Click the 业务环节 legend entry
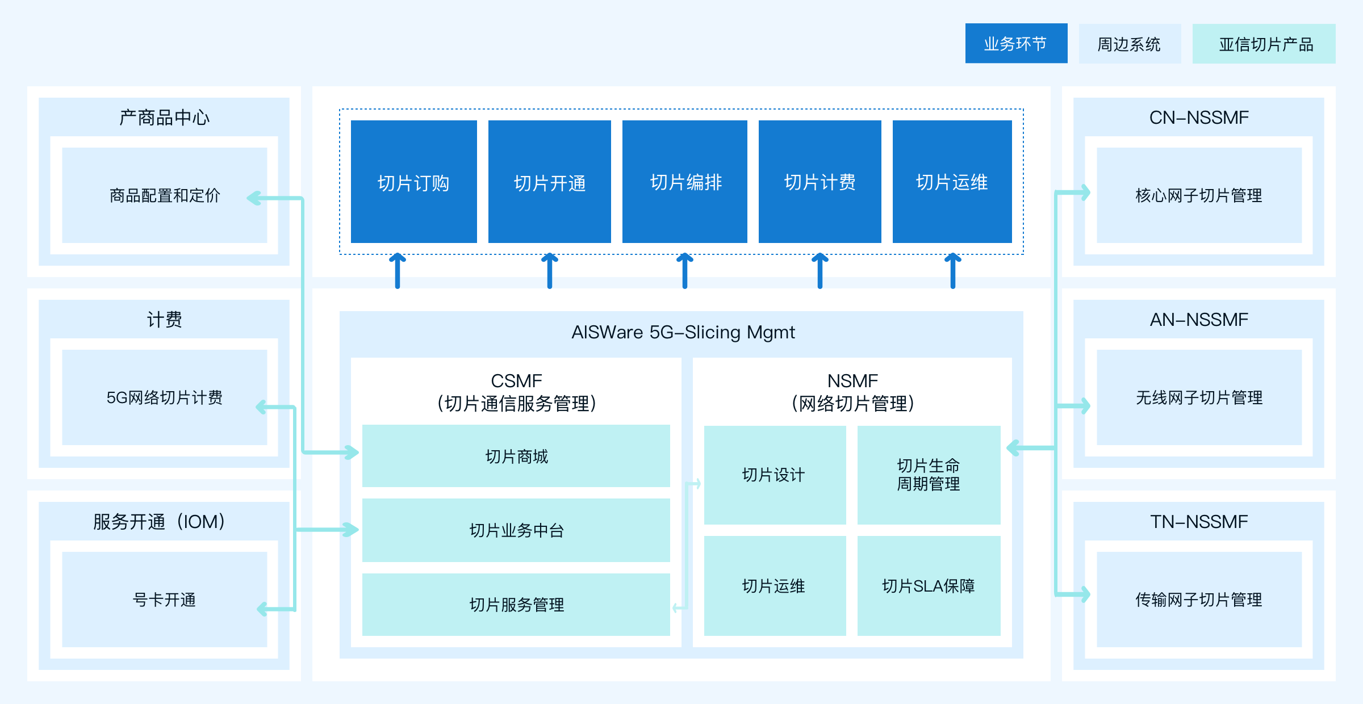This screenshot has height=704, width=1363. (1016, 43)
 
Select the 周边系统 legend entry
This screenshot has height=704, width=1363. (1130, 44)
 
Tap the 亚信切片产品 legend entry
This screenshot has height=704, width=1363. (1264, 44)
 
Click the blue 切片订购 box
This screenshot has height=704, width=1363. (413, 182)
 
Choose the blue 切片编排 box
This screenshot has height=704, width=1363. (685, 182)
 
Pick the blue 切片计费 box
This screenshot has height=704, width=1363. (820, 182)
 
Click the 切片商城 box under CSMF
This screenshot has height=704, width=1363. (516, 456)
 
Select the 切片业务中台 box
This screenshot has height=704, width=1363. (516, 530)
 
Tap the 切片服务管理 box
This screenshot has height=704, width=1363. (516, 605)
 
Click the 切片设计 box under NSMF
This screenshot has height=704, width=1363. (775, 475)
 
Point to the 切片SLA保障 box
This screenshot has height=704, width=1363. (929, 586)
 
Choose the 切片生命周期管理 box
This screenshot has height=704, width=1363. (929, 475)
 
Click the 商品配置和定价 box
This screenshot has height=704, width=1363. (165, 195)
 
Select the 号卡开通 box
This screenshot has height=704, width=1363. (165, 600)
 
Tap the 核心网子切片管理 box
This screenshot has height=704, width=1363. (1199, 195)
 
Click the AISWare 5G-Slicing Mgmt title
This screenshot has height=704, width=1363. (683, 332)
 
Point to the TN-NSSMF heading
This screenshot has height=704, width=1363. (1199, 521)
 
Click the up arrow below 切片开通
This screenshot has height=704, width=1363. (550, 271)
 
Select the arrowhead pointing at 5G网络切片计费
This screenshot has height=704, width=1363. (261, 407)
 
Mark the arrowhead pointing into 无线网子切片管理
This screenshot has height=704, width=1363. (1085, 406)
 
